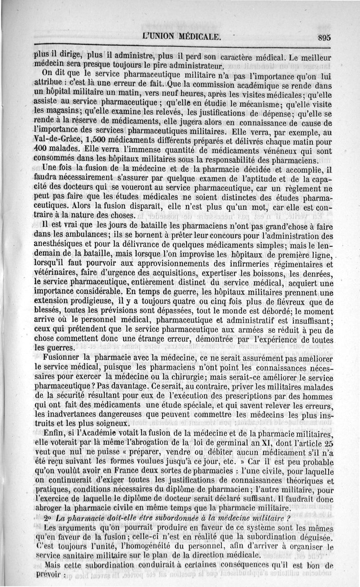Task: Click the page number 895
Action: [324, 38]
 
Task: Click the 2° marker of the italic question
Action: [49, 518]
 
